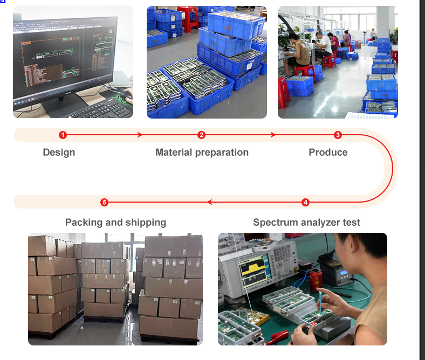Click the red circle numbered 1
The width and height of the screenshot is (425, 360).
tap(63, 135)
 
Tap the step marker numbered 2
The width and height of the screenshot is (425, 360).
tap(202, 135)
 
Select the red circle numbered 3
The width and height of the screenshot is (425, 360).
tap(338, 135)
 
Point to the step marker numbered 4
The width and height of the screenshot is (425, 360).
tap(306, 202)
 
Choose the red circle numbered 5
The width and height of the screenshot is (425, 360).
tap(105, 202)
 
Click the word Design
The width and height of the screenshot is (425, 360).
tap(59, 153)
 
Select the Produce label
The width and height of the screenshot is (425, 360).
tap(328, 153)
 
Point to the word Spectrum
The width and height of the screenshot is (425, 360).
tap(276, 223)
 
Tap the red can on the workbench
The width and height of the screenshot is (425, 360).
tap(315, 280)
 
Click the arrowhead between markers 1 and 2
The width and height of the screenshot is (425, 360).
tap(141, 135)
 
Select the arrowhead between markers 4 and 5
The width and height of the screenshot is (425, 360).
tap(209, 202)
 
